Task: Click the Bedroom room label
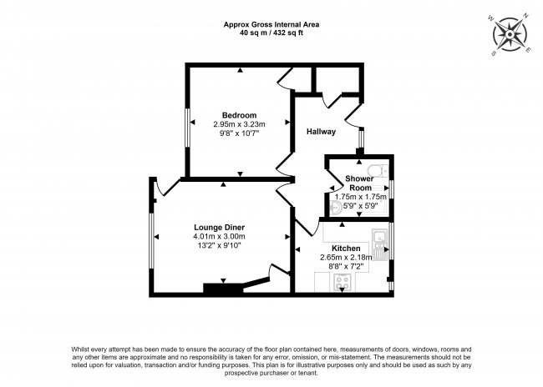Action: point(239,115)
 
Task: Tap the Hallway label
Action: point(321,132)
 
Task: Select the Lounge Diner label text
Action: point(219,228)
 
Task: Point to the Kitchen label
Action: point(346,249)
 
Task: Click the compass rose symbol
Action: point(510,34)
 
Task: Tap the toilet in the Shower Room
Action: point(378,170)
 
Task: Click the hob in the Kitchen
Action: point(343,282)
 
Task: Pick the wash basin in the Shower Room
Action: point(335,209)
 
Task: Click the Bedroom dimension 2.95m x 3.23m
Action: point(239,123)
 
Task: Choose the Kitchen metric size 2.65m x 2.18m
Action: point(346,258)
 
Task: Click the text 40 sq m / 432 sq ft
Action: point(271,33)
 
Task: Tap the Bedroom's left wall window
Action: point(187,128)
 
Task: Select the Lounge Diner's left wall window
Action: point(151,241)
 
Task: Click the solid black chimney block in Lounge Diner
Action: point(223,288)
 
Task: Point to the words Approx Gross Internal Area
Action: point(271,24)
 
